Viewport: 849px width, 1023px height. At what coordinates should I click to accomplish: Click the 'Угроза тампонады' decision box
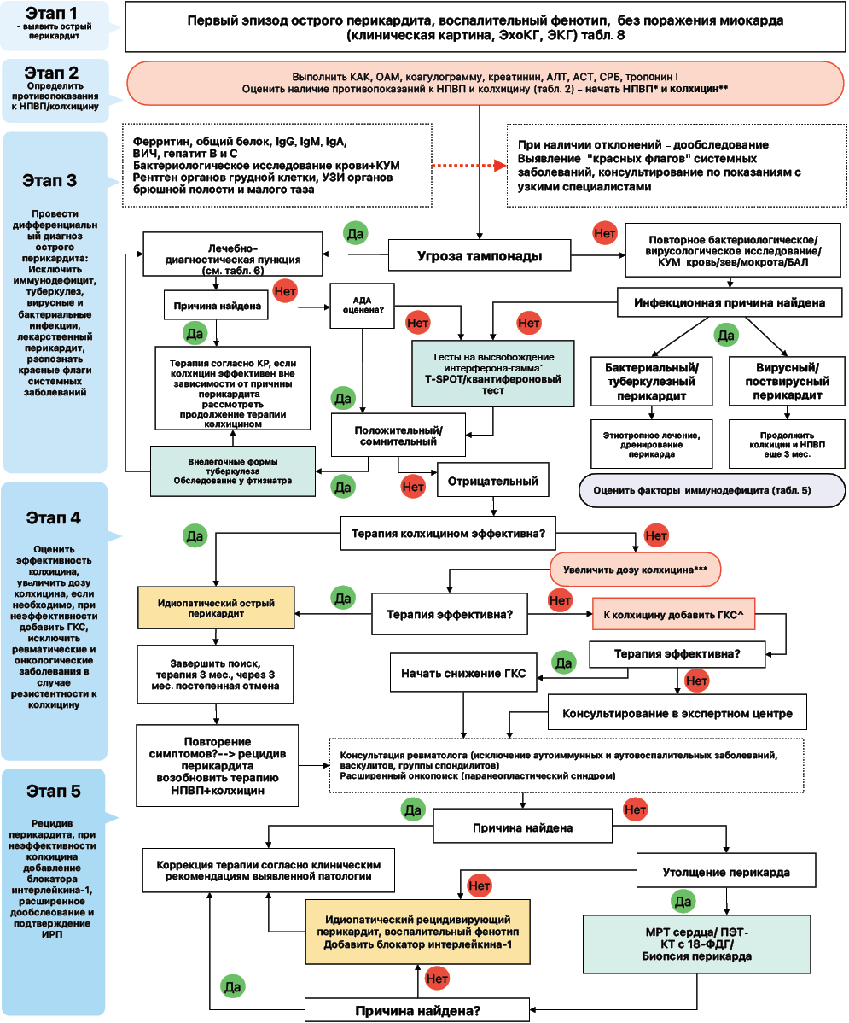[480, 255]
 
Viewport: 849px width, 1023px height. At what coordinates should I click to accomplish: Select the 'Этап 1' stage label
[54, 14]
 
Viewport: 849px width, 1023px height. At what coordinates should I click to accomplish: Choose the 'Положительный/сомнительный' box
[398, 435]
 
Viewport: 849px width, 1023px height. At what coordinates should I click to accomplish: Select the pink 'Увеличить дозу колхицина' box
[636, 568]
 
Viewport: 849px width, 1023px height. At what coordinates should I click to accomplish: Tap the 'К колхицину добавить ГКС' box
[674, 614]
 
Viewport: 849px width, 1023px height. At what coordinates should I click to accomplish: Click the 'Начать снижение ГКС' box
[463, 673]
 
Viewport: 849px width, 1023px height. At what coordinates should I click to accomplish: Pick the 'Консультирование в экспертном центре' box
[677, 713]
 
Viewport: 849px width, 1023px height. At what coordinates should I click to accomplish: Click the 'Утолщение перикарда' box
[725, 872]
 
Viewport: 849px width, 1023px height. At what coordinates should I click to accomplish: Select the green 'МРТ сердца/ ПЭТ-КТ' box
[696, 944]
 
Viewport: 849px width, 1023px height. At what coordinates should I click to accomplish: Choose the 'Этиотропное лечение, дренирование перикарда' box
[651, 444]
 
